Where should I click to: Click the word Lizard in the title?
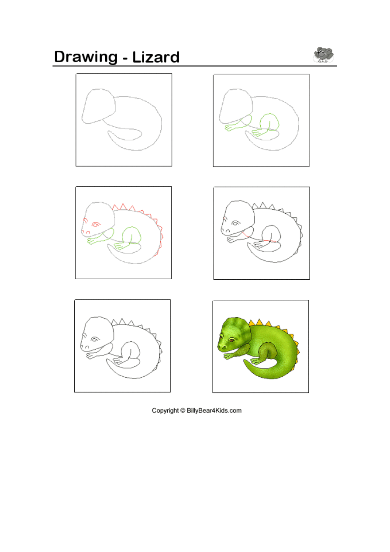point(156,57)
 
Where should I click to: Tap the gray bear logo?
point(323,55)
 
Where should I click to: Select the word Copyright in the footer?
point(165,410)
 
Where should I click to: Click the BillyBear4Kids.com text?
point(214,410)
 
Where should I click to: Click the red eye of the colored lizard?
point(231,340)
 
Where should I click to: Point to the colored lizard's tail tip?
point(244,361)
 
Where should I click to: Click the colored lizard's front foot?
point(228,356)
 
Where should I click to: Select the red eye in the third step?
point(96,225)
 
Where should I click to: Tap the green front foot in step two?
point(230,128)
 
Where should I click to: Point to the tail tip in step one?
point(109,132)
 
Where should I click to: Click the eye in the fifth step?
point(94,340)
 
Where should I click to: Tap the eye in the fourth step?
point(236,223)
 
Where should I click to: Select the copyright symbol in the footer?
point(183,410)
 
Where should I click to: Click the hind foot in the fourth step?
point(259,244)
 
